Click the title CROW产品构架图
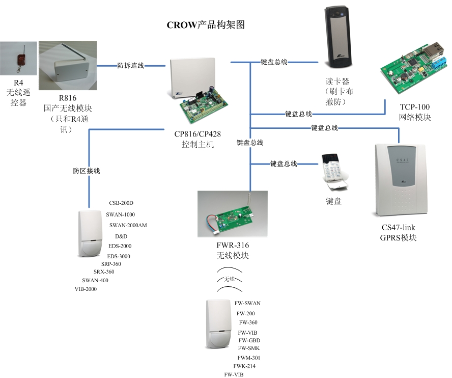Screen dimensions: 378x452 click(206, 25)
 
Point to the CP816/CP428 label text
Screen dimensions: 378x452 click(197, 134)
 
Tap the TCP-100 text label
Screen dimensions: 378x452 click(415, 107)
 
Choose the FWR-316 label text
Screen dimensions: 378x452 click(233, 246)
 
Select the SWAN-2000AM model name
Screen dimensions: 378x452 click(128, 225)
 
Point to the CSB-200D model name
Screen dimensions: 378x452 click(121, 203)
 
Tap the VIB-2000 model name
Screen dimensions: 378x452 click(86, 289)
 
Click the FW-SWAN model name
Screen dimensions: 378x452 click(247, 303)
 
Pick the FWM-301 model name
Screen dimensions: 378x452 click(249, 358)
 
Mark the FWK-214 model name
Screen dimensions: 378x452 click(244, 366)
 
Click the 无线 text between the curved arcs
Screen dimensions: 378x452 click(230, 279)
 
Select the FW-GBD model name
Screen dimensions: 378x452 click(249, 340)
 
